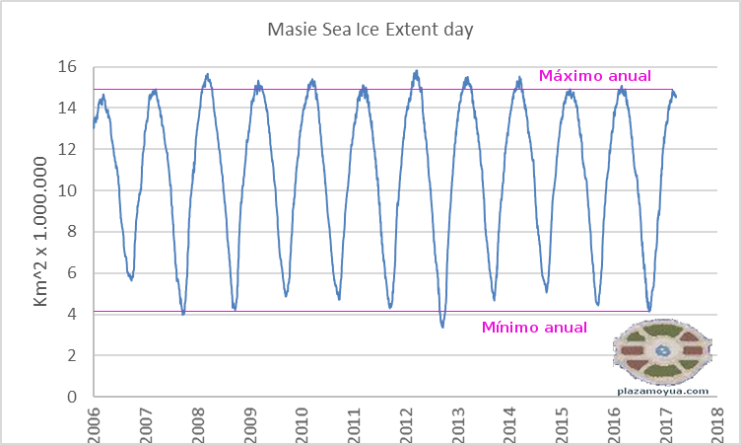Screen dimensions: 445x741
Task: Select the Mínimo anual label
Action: point(534,328)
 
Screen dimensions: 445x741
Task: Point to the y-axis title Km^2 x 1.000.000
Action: point(42,232)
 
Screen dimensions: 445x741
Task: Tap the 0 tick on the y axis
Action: point(71,397)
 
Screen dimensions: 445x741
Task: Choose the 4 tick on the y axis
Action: point(71,315)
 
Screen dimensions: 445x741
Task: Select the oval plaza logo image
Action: point(661,350)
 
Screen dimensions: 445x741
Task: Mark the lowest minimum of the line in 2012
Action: point(442,327)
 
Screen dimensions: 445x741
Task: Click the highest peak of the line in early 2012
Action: point(417,71)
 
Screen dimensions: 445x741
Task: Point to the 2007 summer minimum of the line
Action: point(183,314)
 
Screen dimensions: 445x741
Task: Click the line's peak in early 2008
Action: point(207,75)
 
